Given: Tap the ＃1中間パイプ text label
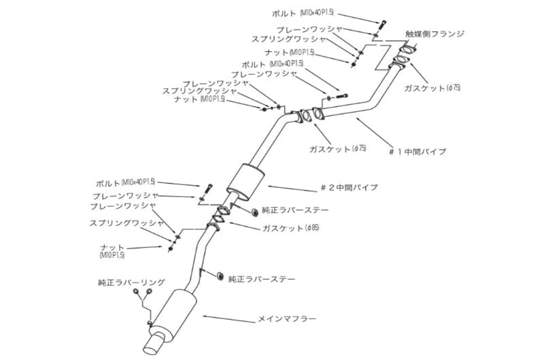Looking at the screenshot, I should click(x=418, y=152).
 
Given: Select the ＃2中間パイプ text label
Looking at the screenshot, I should click(x=348, y=187).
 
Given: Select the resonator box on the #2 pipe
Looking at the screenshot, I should click(x=244, y=179).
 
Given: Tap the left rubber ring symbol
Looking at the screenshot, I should click(x=137, y=293).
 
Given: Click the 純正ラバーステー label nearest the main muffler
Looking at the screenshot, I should click(x=262, y=278).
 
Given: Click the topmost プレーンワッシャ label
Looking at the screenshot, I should click(x=310, y=30).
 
